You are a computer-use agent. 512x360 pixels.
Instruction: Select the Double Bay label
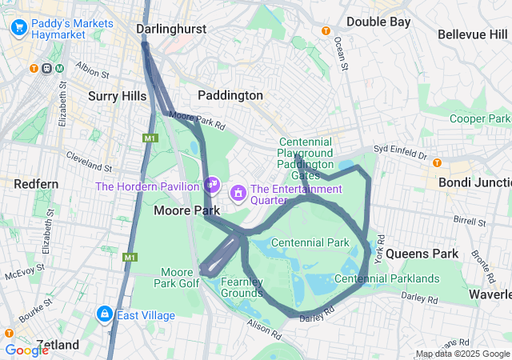pos(378,22)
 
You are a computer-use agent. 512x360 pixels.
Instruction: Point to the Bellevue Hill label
pos(473,34)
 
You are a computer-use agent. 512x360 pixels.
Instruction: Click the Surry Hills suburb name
pos(117,96)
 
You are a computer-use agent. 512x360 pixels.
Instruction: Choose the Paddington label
pos(230,95)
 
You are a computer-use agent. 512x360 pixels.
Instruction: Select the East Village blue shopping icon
pos(104,314)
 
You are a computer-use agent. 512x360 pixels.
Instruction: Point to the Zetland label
pos(57,345)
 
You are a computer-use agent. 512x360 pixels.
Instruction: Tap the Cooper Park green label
pos(480,118)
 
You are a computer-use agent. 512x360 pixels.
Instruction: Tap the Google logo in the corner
pos(26,350)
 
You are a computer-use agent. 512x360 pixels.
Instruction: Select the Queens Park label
pos(422,253)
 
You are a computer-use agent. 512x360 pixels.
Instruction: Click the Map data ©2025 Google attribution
pos(462,354)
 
